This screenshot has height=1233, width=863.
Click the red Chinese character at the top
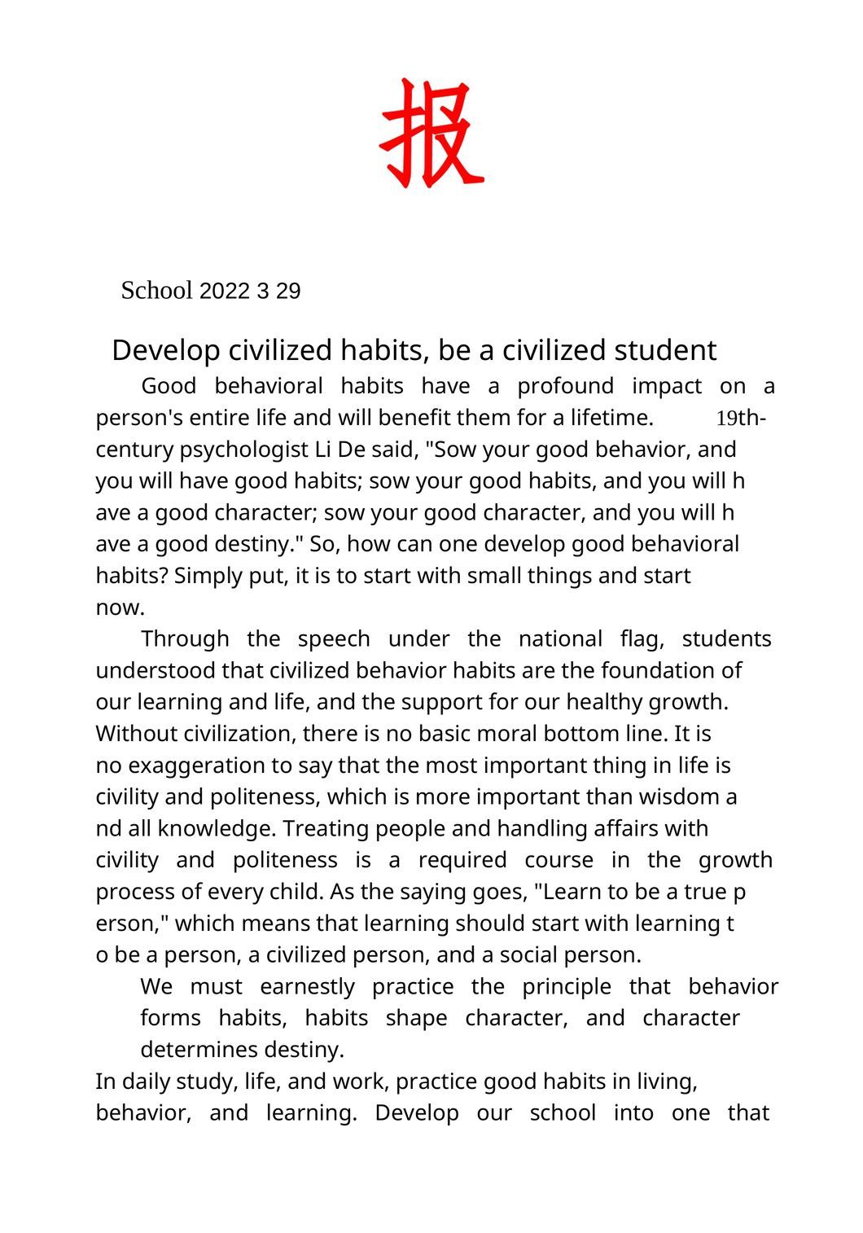coord(431,133)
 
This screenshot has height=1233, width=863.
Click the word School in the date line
coord(156,291)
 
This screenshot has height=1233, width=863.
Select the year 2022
coord(224,292)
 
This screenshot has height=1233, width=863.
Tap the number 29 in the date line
coord(288,292)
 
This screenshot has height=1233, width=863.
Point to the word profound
coord(565,386)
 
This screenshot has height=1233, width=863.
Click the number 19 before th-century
coord(726,419)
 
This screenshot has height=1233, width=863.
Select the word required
coord(462,861)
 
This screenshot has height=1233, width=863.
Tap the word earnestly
coord(307,987)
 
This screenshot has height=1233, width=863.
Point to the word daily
coord(143,1082)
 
